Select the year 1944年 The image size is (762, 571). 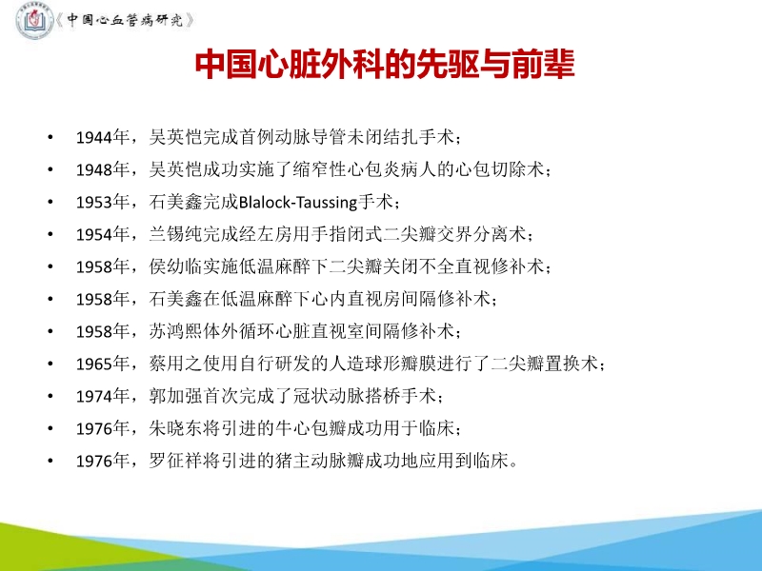[x=101, y=138]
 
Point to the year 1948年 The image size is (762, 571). [x=101, y=170]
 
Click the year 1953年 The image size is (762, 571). [x=101, y=203]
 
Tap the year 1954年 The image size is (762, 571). [x=101, y=235]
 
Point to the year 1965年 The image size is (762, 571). [x=101, y=364]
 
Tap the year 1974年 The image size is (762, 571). [x=101, y=397]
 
